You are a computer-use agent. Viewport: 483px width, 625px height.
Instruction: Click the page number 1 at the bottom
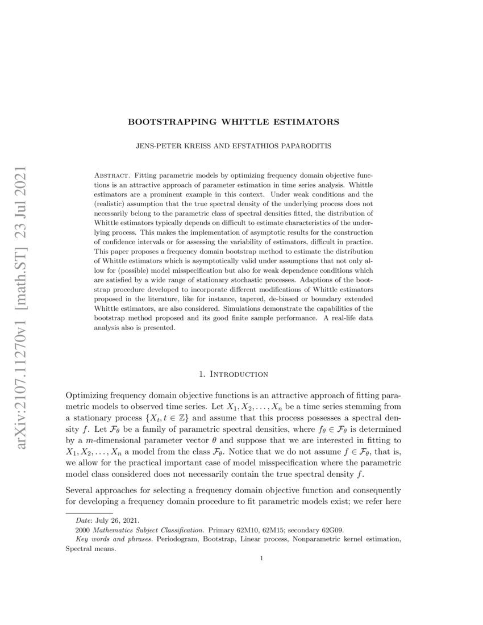(261, 559)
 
